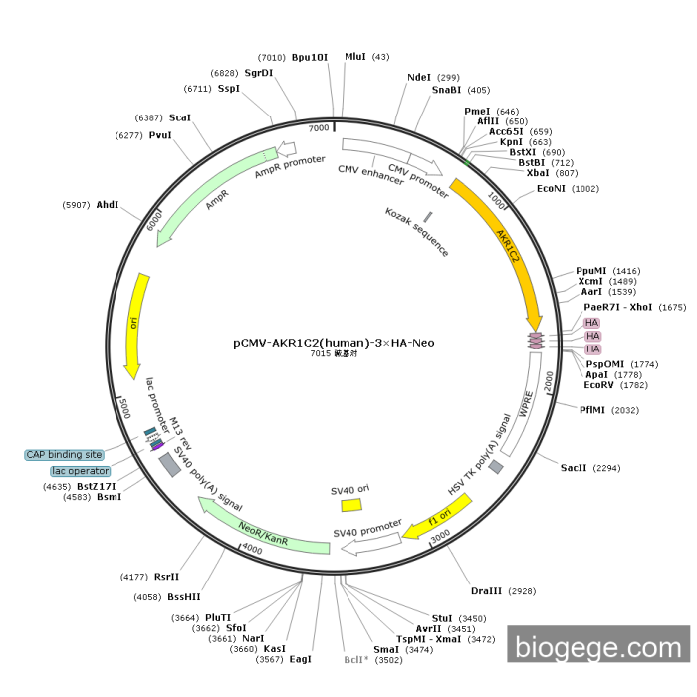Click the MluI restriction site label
[355, 57]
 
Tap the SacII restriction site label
[574, 467]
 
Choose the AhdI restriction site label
[107, 205]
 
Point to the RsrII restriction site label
[167, 576]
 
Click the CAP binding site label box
[65, 455]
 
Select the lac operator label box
[81, 470]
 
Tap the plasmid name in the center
[334, 343]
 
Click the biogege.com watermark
[598, 648]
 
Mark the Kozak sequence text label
[417, 233]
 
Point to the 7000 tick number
[319, 128]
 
